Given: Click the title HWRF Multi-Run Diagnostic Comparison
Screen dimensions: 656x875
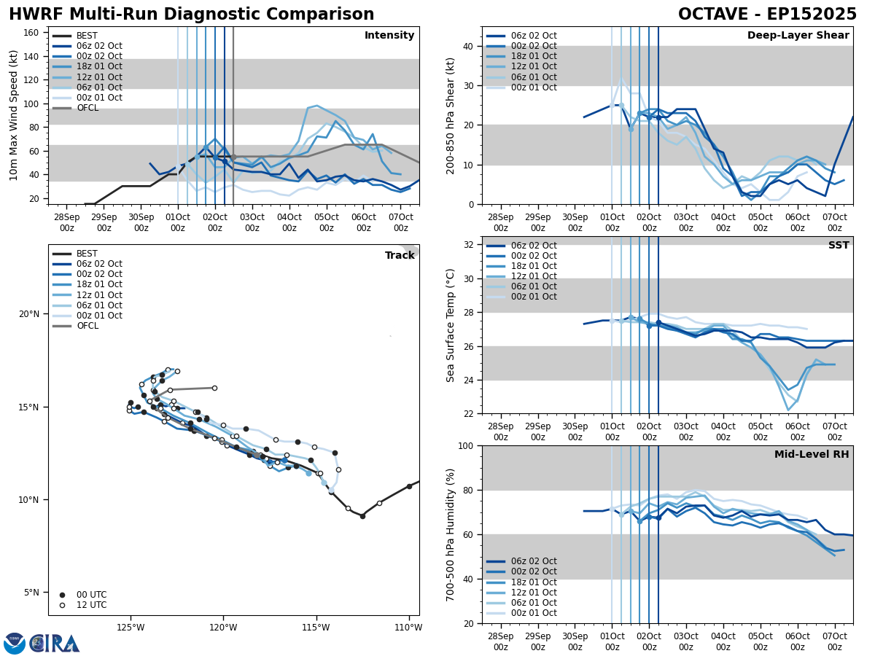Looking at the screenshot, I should pos(191,15).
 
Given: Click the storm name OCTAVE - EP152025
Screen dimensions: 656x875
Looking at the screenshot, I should pos(767,15).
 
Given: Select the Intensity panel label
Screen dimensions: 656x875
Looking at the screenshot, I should pos(389,36).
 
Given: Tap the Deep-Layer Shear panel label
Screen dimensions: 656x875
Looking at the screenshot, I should pos(798,36).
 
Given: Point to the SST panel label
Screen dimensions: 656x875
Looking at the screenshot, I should pos(839,246).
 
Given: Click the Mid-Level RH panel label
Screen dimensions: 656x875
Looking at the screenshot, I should pos(812,455).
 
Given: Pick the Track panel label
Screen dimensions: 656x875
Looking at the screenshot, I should pos(400,256).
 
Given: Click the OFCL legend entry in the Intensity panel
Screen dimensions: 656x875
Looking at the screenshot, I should pos(87,108).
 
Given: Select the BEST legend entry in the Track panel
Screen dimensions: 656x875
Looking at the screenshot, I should pos(87,254).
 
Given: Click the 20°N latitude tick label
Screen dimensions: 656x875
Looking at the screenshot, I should pos(29,314).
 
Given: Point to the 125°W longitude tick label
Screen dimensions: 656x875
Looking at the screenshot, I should pos(130,628).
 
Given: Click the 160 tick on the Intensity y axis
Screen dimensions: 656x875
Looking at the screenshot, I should pos(32,32).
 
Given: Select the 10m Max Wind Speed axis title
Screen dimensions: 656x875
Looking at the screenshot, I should pos(14,115).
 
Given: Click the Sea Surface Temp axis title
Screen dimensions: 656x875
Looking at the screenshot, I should pos(451,325).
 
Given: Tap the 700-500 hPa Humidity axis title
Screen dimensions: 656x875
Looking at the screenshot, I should pos(451,534).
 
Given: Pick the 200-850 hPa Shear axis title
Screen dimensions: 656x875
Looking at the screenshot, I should pos(451,115).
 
